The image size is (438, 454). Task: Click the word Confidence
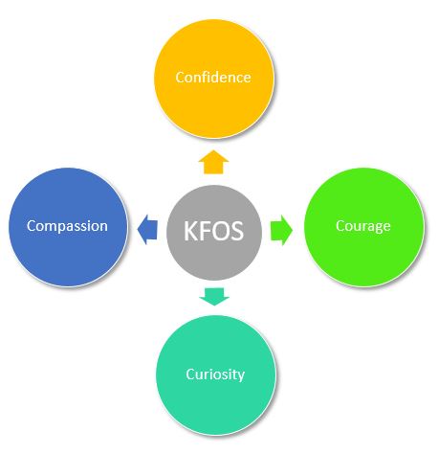[x=213, y=78]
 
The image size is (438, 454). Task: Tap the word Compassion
[x=67, y=227]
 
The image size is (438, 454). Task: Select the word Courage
[x=363, y=227]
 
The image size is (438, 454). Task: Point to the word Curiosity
[x=215, y=375]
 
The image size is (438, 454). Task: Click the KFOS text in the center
[x=214, y=231]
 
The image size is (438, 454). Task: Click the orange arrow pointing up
[x=213, y=162]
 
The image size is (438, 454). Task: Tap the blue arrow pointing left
[x=147, y=230]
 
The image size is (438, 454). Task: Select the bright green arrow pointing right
[x=281, y=230]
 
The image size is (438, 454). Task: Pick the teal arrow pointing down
[x=214, y=297]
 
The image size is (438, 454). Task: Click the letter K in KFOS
[x=190, y=231]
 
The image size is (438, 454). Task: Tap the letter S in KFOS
[x=237, y=231]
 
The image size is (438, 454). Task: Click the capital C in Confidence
[x=180, y=78]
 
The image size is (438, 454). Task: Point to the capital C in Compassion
[x=32, y=226]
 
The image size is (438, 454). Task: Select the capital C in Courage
[x=340, y=226]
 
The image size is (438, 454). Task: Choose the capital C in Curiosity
[x=190, y=375]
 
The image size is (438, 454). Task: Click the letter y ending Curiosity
[x=241, y=377]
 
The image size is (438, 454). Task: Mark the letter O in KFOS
[x=221, y=231]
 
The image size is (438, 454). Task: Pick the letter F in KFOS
[x=205, y=231]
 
